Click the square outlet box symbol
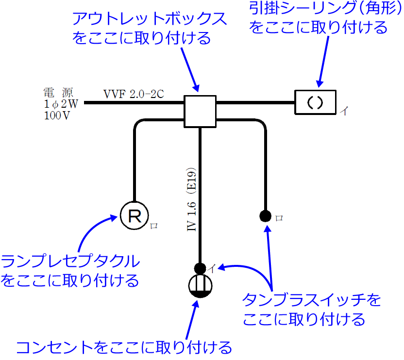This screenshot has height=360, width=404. pos(200,111)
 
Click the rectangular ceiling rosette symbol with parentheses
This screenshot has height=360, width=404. pos(316,102)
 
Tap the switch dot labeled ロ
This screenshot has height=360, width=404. pos(265,215)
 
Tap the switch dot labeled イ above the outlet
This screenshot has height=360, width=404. pos(200,267)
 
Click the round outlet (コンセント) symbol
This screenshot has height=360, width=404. pos(200,286)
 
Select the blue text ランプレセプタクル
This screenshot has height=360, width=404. pos(70,262)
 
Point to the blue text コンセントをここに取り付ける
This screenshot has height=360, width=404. pos(124,347)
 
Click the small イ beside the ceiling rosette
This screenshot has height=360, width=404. pos(344,111)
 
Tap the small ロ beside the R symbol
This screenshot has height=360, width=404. pos(154,225)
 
